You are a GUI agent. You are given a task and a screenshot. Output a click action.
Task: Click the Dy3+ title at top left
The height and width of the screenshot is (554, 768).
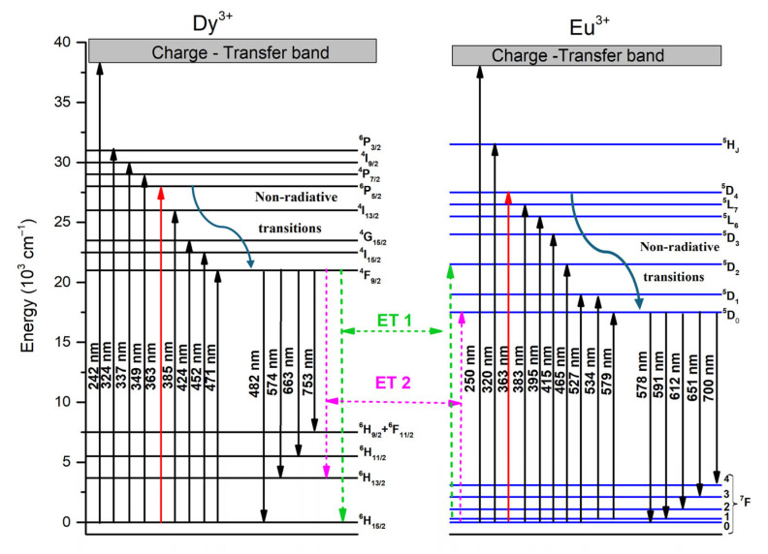point(212,22)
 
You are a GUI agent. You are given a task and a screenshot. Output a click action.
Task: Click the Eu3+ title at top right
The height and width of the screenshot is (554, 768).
point(590,26)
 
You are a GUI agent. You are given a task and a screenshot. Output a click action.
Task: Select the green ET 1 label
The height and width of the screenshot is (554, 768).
point(394,320)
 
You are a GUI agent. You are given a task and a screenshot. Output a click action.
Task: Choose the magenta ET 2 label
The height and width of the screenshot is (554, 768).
point(393,382)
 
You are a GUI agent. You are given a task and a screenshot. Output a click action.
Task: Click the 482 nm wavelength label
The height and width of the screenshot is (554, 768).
point(254,374)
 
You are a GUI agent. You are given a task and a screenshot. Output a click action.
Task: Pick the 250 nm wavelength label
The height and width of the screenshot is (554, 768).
point(469,368)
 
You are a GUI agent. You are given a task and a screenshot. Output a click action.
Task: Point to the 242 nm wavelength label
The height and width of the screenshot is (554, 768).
point(93,366)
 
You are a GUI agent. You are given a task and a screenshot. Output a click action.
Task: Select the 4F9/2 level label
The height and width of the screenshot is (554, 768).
point(369,275)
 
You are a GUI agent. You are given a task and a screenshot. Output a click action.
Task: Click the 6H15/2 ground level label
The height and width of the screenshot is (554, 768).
point(372,522)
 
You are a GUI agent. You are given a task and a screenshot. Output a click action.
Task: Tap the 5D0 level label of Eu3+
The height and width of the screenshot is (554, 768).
point(731,315)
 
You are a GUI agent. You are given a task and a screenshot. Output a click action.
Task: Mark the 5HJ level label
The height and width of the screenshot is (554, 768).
point(731,145)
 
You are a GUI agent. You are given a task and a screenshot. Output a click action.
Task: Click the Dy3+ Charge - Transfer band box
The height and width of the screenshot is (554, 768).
point(232,51)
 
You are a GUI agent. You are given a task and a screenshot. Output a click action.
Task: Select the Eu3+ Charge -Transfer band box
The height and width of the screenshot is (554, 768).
point(587,55)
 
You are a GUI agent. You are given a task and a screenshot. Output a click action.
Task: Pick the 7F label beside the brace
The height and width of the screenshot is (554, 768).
point(745,501)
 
